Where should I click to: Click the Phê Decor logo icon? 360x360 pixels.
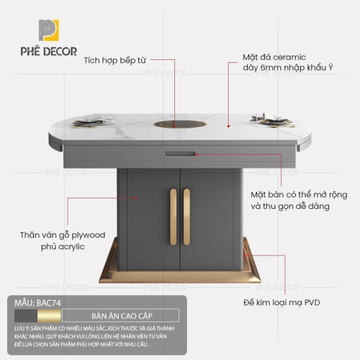point(49,30)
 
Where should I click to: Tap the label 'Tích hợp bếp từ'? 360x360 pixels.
point(115,61)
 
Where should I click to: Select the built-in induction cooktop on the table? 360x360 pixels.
point(180,124)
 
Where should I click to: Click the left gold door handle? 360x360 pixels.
point(173,217)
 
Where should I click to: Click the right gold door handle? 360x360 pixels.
point(186,217)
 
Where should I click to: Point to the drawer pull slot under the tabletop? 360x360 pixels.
point(180,154)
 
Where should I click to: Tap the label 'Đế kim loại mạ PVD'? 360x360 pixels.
point(282,303)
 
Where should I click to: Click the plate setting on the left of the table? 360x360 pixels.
point(93,122)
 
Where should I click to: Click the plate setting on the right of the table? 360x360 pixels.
point(272,121)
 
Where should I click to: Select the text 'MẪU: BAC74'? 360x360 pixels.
point(37,303)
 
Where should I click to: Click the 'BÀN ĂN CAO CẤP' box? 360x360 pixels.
point(121,316)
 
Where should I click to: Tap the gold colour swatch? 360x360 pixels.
point(49,316)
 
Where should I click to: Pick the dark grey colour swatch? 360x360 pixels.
point(25,316)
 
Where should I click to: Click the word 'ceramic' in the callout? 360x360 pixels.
point(289,57)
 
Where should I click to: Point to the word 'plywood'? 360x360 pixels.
point(88,235)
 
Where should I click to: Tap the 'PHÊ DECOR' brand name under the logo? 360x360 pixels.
point(49,52)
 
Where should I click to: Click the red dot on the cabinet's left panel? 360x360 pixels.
point(136,198)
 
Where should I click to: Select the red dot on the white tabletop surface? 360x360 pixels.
point(228,126)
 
